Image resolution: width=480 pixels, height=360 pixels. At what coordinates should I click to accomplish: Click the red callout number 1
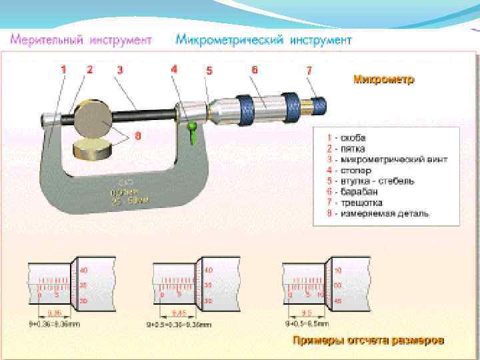pyautogui.click(x=64, y=69)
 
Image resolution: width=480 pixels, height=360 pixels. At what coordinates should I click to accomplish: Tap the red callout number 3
pyautogui.click(x=120, y=69)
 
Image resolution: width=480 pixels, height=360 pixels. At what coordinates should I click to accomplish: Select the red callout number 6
pyautogui.click(x=255, y=69)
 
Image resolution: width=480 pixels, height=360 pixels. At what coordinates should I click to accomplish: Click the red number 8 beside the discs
pyautogui.click(x=138, y=135)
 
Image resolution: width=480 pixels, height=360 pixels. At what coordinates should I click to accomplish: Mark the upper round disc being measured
pyautogui.click(x=93, y=119)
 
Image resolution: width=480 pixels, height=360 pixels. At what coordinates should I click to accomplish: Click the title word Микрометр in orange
pyautogui.click(x=383, y=79)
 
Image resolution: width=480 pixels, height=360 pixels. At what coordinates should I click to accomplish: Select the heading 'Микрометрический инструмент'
pyautogui.click(x=263, y=40)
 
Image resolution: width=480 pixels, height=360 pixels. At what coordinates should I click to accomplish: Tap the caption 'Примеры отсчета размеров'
pyautogui.click(x=369, y=341)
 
